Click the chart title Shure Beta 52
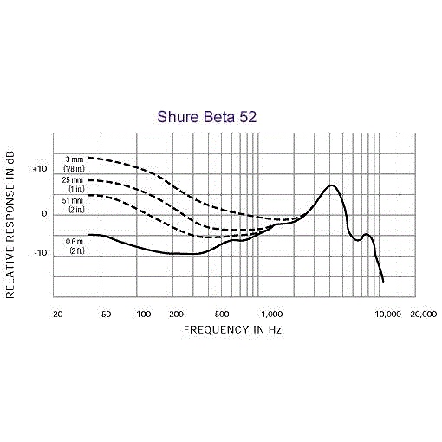(x=207, y=117)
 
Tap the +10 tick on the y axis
(x=40, y=169)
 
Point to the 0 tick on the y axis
(x=44, y=214)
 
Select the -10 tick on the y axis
(x=41, y=253)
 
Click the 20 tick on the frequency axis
(x=58, y=315)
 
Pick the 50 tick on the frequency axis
(x=106, y=315)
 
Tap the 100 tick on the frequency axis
(x=144, y=315)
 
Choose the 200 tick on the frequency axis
(x=176, y=315)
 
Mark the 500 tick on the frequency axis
(x=222, y=315)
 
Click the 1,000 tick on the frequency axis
(x=272, y=315)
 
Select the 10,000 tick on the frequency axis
(x=388, y=315)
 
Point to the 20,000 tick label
(x=424, y=315)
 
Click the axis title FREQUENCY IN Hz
(x=232, y=330)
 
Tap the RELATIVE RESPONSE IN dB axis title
(x=10, y=224)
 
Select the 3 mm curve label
(x=74, y=164)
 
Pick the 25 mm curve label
(x=73, y=185)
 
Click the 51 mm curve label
(x=73, y=205)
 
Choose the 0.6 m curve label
(x=75, y=246)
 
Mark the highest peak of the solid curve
(x=331, y=185)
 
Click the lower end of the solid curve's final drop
(x=383, y=282)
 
